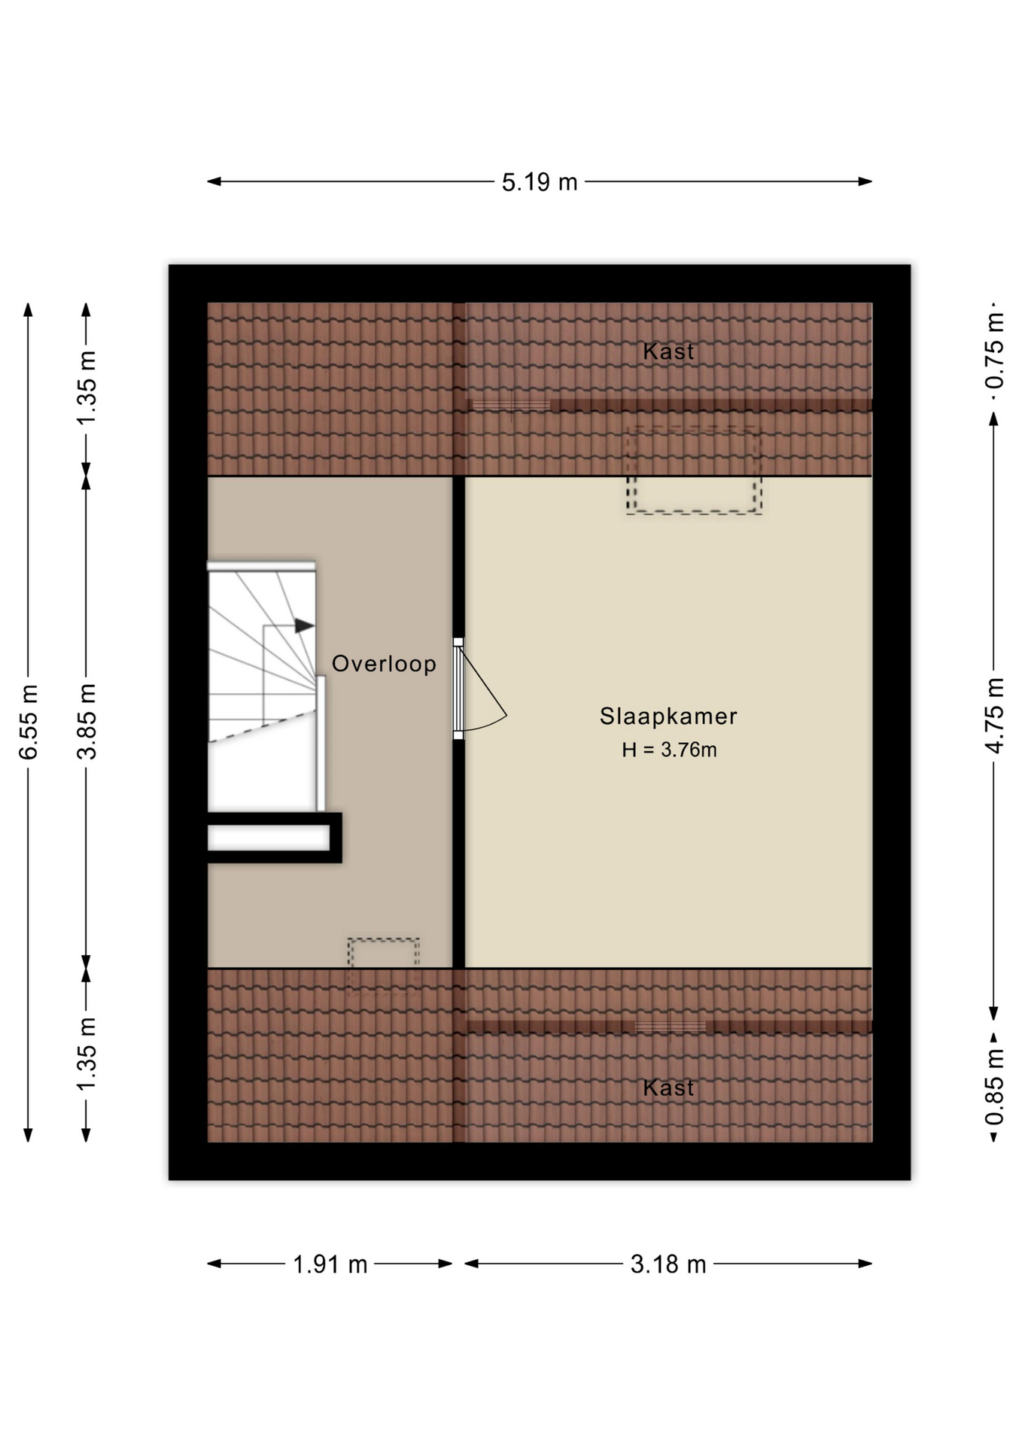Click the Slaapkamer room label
click(x=668, y=716)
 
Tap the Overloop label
click(x=384, y=664)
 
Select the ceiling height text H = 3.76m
click(x=669, y=750)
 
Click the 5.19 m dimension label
click(x=540, y=182)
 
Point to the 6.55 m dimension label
click(x=29, y=722)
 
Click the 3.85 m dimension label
click(x=87, y=722)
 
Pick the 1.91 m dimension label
click(x=330, y=1264)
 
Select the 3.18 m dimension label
click(x=668, y=1264)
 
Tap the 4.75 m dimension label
click(x=995, y=715)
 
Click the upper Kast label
click(x=668, y=351)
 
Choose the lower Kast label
click(x=668, y=1088)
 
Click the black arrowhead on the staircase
click(x=304, y=625)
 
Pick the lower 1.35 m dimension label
click(x=87, y=1052)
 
